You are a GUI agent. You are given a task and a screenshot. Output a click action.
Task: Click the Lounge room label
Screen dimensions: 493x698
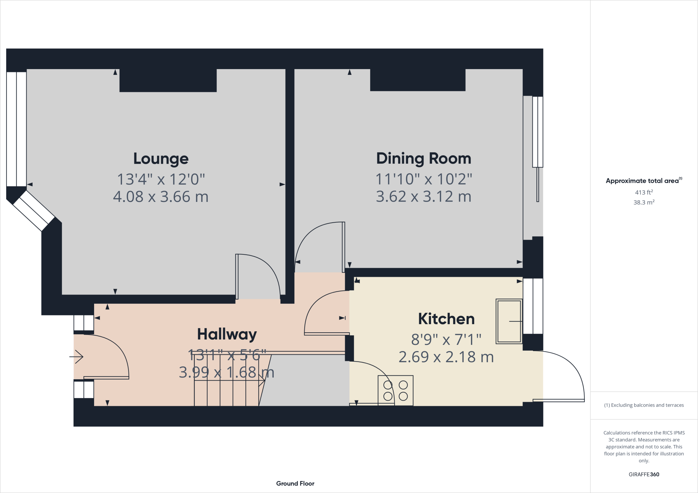pos(161,159)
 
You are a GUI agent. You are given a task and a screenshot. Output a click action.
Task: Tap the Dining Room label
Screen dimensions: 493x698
pos(424,159)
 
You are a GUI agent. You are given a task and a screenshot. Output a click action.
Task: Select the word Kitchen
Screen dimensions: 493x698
pos(446,319)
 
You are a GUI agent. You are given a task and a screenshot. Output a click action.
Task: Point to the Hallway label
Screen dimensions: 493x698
pos(227,334)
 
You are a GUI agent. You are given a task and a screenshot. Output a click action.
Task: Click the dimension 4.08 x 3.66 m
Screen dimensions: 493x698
pos(161,197)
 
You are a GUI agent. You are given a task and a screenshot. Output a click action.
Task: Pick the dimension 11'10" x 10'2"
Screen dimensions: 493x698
pos(424,179)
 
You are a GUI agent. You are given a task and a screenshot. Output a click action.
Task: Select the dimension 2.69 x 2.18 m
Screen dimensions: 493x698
pos(446,357)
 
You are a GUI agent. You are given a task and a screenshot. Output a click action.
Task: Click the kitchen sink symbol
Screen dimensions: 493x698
pos(509,321)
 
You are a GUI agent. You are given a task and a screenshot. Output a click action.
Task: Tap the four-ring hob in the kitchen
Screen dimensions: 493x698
pos(396,391)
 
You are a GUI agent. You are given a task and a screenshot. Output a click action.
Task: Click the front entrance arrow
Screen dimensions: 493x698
pos(77,357)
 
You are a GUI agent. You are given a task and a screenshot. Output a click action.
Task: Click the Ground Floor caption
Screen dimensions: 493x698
pos(295,483)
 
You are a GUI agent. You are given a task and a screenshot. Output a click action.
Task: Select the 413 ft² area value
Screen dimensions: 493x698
pos(644,192)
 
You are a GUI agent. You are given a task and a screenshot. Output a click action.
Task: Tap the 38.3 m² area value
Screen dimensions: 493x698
pos(644,202)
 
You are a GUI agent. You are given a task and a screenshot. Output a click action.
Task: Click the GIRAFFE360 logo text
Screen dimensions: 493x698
pos(644,474)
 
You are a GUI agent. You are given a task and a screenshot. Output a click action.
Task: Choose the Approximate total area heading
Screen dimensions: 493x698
pos(643,181)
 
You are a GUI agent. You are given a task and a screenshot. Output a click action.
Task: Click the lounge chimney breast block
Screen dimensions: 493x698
pos(168,80)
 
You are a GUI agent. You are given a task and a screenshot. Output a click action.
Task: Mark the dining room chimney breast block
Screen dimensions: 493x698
pos(418,80)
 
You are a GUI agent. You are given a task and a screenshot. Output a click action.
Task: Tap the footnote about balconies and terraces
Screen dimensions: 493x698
pos(644,405)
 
